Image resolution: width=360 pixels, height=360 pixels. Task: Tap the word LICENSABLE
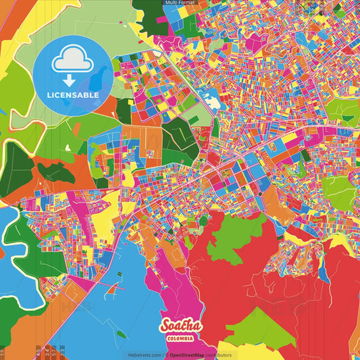(x=72, y=95)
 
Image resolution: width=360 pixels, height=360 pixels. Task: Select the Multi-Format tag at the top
(x=180, y=3)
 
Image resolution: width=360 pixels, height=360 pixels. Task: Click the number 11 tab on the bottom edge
(x=3, y=353)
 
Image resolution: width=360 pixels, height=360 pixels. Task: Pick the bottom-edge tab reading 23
(x=63, y=352)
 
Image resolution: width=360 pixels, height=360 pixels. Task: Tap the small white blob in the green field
(x=67, y=148)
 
